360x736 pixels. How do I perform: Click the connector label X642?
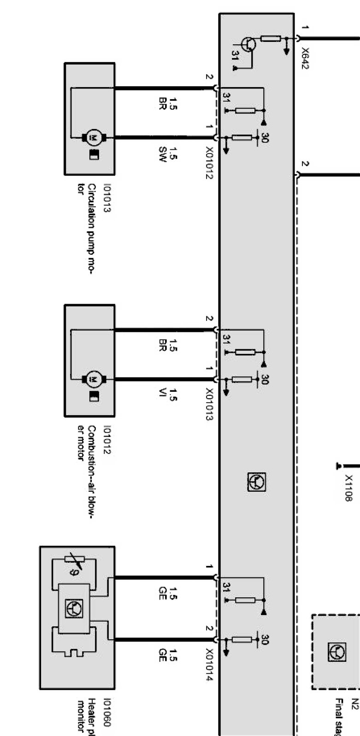tap(304, 58)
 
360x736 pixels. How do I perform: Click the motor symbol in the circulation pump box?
tap(94, 137)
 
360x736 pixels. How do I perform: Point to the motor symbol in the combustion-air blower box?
tap(94, 379)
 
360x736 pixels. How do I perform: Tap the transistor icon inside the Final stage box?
tap(336, 652)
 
